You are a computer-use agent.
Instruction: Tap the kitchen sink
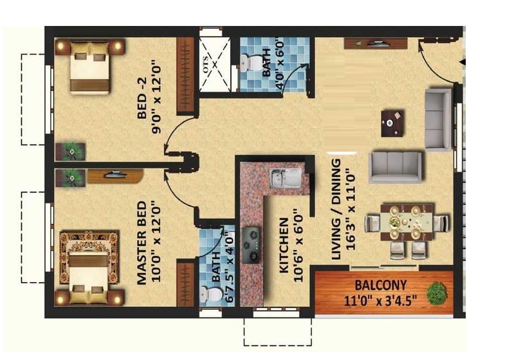pos(285,177)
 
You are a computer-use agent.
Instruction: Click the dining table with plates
pos(407,224)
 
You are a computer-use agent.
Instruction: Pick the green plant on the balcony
pos(437,293)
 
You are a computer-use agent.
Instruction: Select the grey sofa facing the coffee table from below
pos(396,167)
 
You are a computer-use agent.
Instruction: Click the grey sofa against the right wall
pos(437,119)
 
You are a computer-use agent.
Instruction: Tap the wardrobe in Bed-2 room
pos(185,75)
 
